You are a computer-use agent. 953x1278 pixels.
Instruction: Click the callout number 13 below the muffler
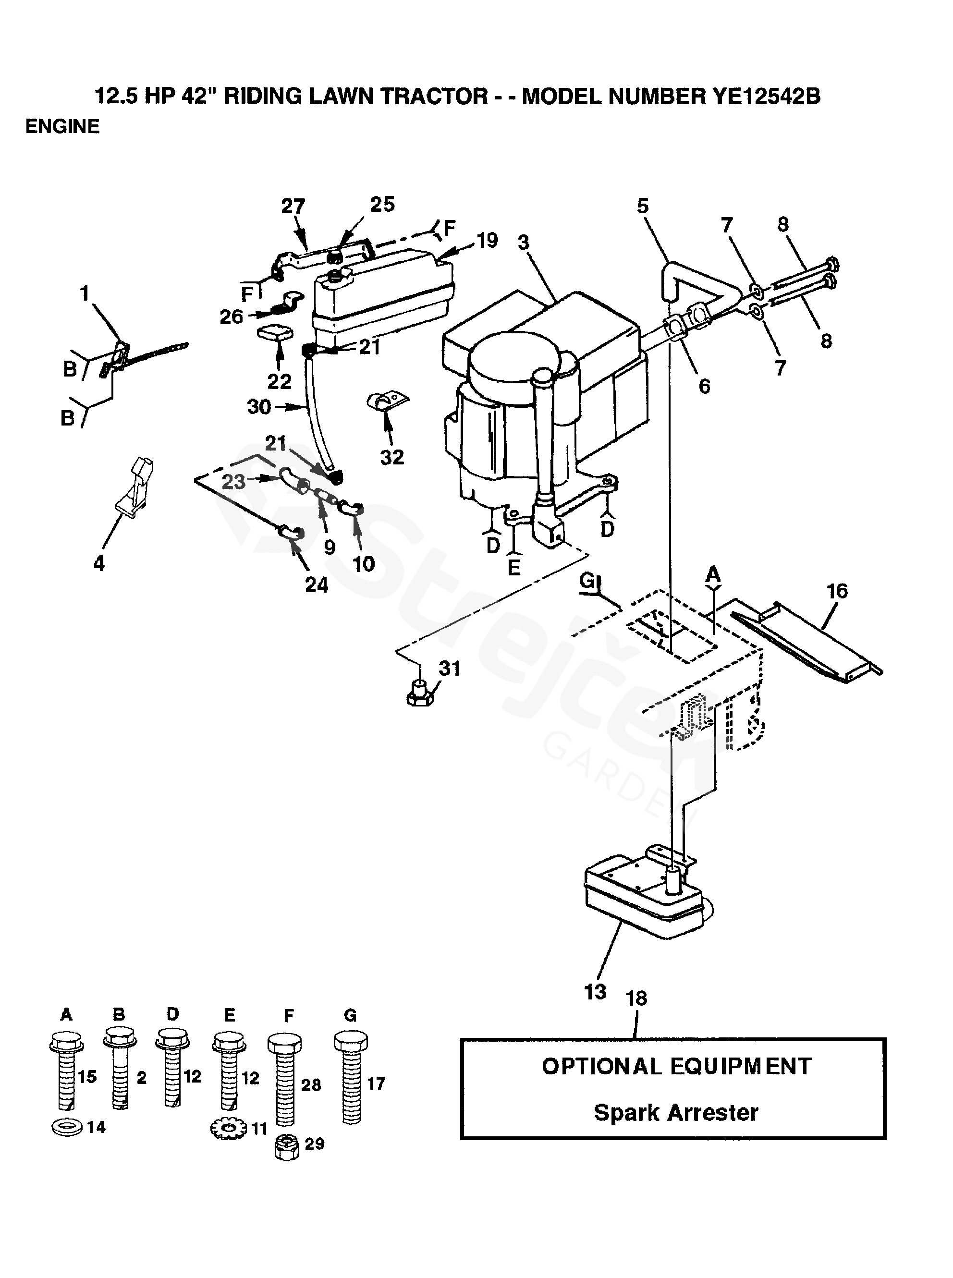[x=595, y=993]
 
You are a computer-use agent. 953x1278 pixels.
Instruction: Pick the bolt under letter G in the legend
[x=351, y=1077]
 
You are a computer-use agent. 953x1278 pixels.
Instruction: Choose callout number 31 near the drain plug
[x=450, y=669]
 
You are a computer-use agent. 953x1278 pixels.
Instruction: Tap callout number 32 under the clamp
[x=392, y=457]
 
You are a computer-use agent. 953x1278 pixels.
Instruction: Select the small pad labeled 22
[x=273, y=333]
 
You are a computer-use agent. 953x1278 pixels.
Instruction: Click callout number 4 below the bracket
[x=99, y=563]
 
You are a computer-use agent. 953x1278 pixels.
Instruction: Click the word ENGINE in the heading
[x=62, y=126]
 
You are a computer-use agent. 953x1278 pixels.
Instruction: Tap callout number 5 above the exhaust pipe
[x=643, y=206]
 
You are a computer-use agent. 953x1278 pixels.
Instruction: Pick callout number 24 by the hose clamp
[x=316, y=585]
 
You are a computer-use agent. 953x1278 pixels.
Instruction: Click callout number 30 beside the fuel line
[x=259, y=407]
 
